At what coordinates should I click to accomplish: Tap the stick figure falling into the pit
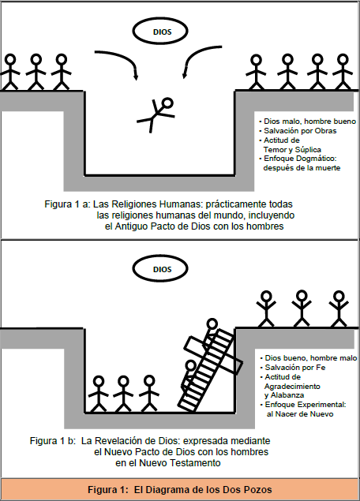(156, 114)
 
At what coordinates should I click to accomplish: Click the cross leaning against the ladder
(214, 355)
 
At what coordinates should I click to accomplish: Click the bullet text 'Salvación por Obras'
(300, 131)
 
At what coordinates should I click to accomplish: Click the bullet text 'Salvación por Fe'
(295, 368)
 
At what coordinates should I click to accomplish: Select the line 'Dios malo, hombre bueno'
(309, 122)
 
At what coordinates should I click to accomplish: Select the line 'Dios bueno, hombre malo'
(311, 358)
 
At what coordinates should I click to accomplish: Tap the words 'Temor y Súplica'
(292, 150)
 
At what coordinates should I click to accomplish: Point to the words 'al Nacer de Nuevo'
(300, 414)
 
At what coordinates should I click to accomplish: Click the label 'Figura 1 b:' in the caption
(53, 441)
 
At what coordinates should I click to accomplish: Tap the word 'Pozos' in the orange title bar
(257, 489)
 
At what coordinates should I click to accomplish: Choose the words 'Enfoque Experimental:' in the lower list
(306, 405)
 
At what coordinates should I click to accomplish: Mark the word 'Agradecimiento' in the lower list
(292, 387)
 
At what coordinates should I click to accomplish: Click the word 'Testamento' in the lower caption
(195, 463)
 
